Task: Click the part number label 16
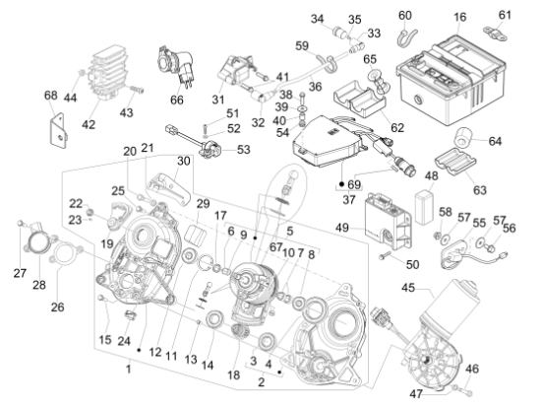point(459,17)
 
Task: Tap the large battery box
point(451,80)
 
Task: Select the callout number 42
point(89,124)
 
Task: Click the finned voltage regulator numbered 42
point(107,73)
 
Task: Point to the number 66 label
point(177,100)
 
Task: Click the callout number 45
point(408,288)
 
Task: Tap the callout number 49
point(342,228)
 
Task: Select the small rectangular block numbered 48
point(423,207)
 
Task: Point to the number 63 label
point(480,190)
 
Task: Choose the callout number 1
point(128,369)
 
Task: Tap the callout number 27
point(20,273)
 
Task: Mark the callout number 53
point(244,150)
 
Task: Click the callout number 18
point(233,374)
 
